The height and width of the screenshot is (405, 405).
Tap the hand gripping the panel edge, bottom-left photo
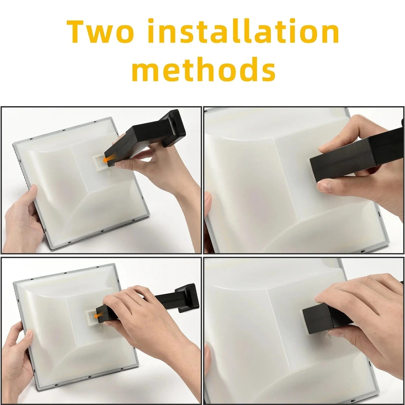(19, 349)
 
